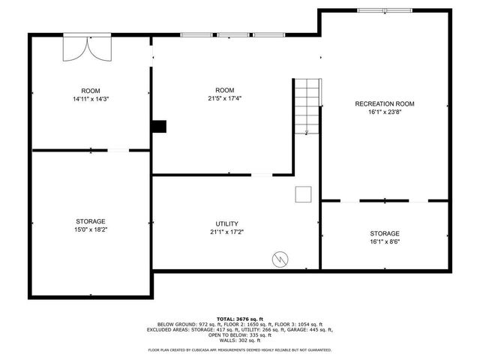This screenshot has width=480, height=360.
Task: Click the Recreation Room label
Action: point(384,103)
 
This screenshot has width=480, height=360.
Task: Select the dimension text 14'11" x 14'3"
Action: point(91,99)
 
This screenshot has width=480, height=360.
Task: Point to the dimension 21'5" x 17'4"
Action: point(225,98)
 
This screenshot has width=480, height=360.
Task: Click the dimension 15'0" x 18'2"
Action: point(90,230)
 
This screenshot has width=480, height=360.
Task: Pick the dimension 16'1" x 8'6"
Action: point(384,242)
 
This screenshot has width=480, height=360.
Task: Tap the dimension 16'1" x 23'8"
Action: point(384,112)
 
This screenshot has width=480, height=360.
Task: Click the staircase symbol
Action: point(307,106)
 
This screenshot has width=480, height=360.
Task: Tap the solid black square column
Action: point(159,127)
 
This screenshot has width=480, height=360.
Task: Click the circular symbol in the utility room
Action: point(280,259)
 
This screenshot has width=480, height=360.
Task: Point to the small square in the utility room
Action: point(303,194)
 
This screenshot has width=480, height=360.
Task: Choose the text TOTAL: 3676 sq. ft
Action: point(240,319)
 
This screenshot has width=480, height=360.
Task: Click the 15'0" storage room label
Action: point(90,222)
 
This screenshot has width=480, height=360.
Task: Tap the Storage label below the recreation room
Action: point(384,233)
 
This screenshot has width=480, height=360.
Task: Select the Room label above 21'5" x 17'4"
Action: point(225,90)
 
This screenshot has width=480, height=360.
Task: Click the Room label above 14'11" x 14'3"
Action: point(91,90)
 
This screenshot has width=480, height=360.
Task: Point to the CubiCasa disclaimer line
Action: point(240,349)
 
